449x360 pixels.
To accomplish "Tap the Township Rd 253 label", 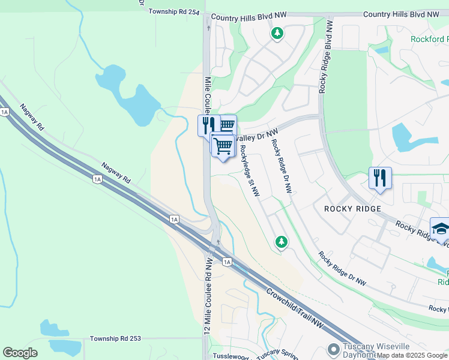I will (x=115, y=338).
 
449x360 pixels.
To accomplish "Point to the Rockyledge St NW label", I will (x=249, y=171).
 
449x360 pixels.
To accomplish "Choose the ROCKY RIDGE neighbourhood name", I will (x=352, y=209).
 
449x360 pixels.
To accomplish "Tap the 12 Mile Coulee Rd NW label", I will (x=208, y=296).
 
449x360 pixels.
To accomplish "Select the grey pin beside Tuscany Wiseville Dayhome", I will (x=334, y=349).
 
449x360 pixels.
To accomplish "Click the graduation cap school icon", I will (x=441, y=229).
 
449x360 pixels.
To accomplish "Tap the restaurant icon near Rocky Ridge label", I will (x=380, y=178).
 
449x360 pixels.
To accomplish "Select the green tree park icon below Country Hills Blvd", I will (x=277, y=34).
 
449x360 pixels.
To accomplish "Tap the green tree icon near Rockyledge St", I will (x=280, y=242).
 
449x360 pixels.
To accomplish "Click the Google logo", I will (x=20, y=353).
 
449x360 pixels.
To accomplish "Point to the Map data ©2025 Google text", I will (x=412, y=355).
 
